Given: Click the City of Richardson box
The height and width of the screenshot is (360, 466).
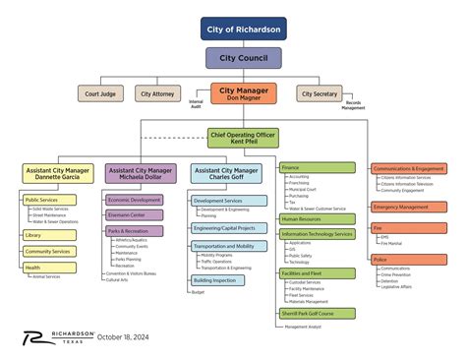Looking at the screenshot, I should pyautogui.click(x=244, y=29).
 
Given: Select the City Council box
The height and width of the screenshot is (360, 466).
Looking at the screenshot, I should pyautogui.click(x=243, y=59).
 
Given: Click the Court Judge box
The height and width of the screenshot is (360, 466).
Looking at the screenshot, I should pyautogui.click(x=101, y=93).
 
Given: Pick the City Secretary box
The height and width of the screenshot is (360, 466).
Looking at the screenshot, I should pyautogui.click(x=319, y=93).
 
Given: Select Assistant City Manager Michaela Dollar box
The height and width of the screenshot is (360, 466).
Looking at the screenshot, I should pyautogui.click(x=141, y=174).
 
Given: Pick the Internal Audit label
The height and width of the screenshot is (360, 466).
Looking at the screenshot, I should pyautogui.click(x=197, y=103).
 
